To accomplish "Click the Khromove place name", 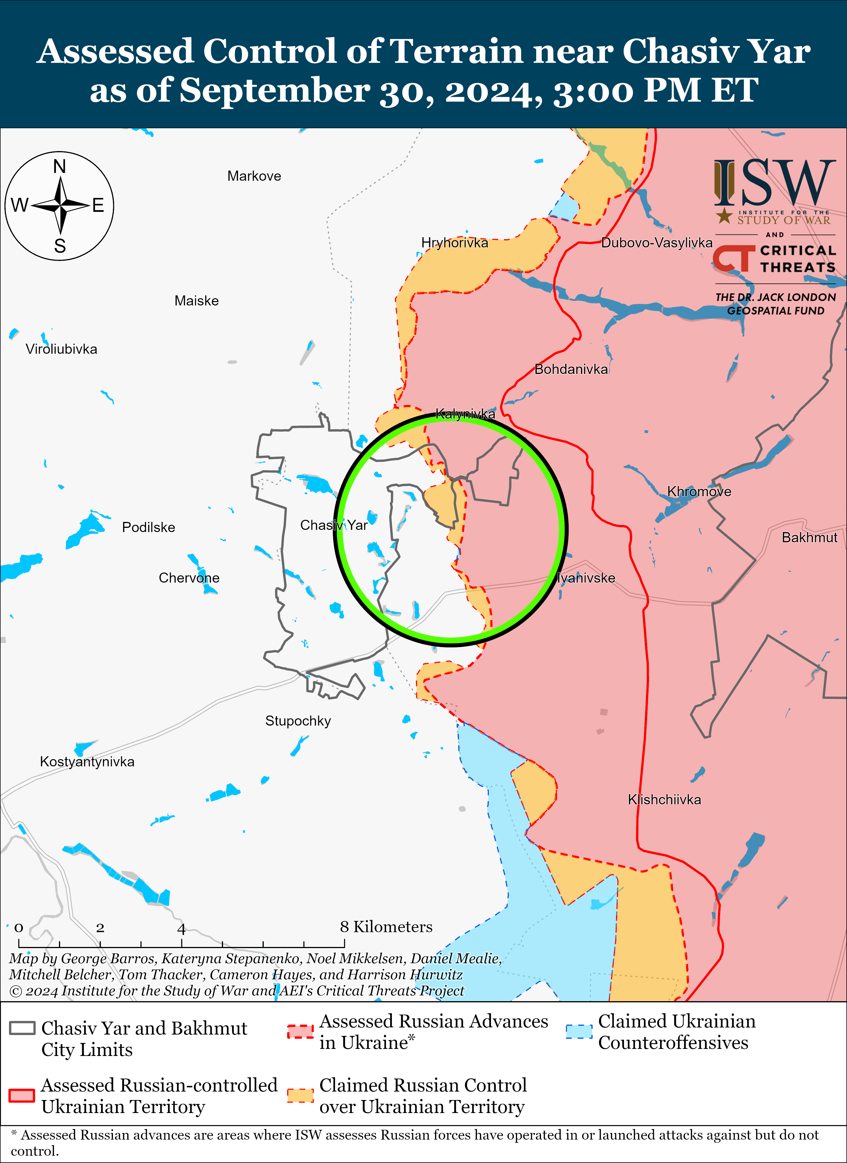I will point(699,492).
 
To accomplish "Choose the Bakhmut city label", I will point(809,538).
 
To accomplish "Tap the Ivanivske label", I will point(586,578).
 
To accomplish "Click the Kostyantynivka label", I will point(87,762).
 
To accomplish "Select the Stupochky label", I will point(298,722).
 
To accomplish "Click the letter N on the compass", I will point(60,167).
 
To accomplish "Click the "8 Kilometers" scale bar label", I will point(386,927).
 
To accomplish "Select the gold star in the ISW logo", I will point(724,216).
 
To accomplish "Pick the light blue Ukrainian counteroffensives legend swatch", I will point(579,1031).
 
